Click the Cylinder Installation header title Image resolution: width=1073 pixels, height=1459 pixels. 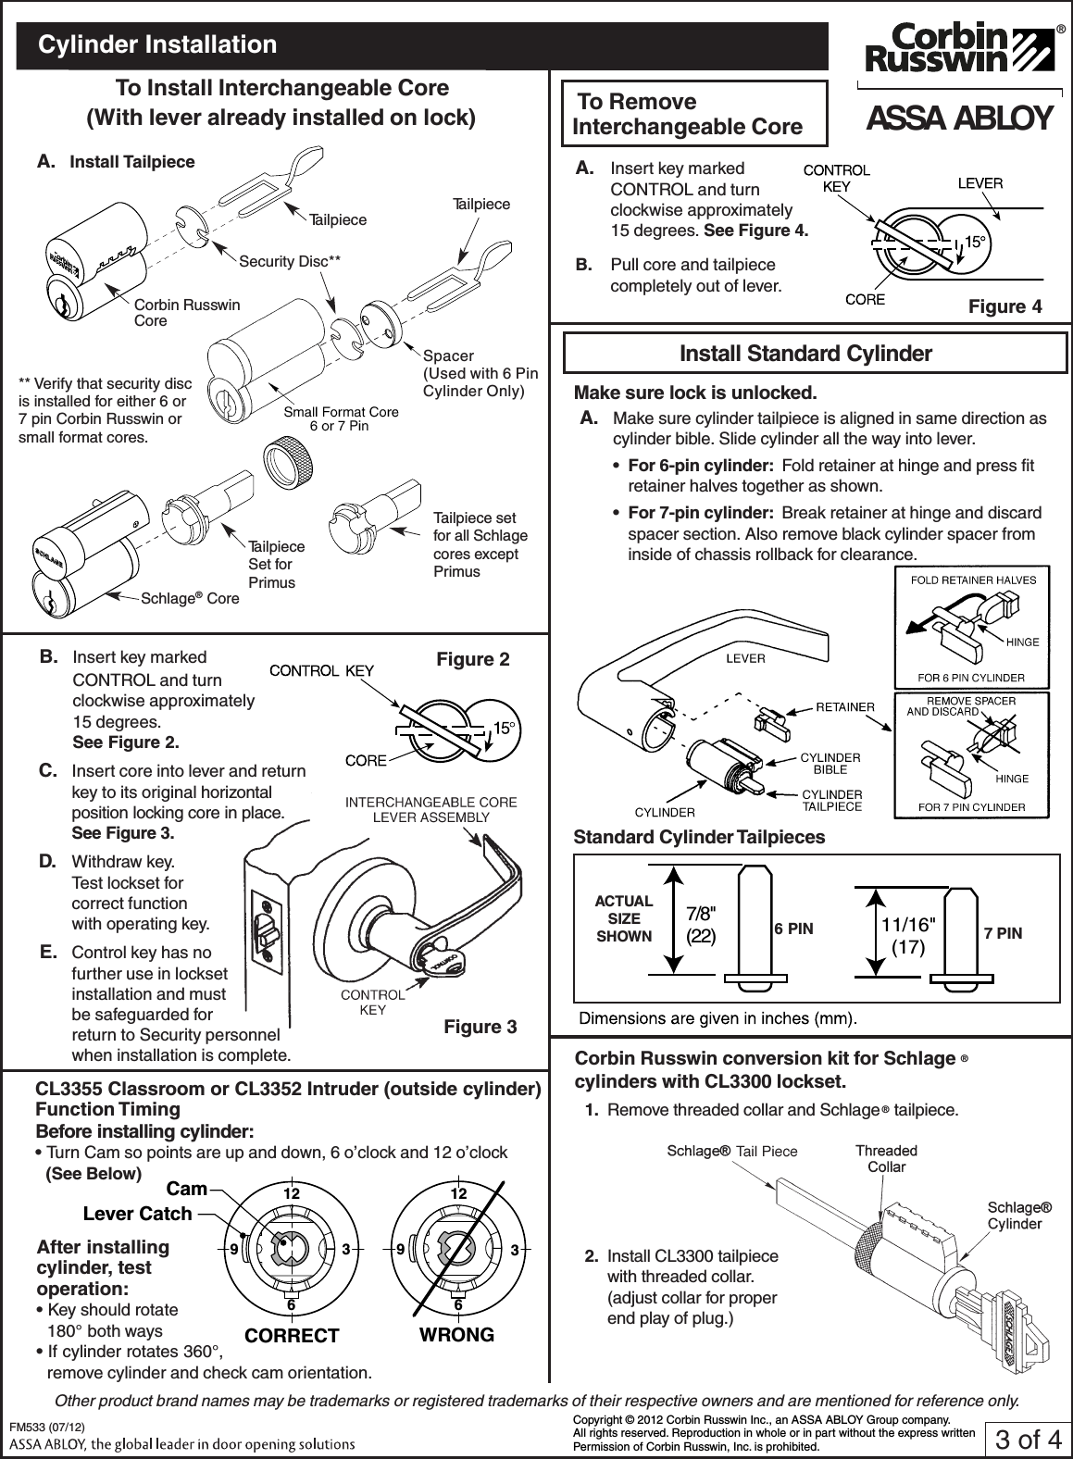coord(157,44)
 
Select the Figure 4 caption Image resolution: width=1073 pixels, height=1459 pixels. coord(1004,306)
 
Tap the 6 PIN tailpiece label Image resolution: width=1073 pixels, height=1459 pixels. coord(793,929)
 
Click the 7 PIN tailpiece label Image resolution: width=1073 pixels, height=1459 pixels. coord(1004,933)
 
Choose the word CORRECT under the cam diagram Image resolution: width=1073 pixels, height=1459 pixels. coord(292,1336)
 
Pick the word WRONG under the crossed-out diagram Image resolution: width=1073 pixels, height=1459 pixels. coord(456,1334)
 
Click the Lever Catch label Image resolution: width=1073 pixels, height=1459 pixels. coord(137,1214)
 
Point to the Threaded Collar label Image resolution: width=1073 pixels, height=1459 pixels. coord(886,1158)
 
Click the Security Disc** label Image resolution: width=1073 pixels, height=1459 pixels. coord(290,262)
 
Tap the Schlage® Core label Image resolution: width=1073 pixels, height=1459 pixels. coord(189,598)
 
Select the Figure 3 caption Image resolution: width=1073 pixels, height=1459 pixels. coord(480,1027)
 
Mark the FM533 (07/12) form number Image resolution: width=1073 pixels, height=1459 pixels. coord(47,1428)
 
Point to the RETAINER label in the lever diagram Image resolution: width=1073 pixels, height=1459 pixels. coord(844,707)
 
